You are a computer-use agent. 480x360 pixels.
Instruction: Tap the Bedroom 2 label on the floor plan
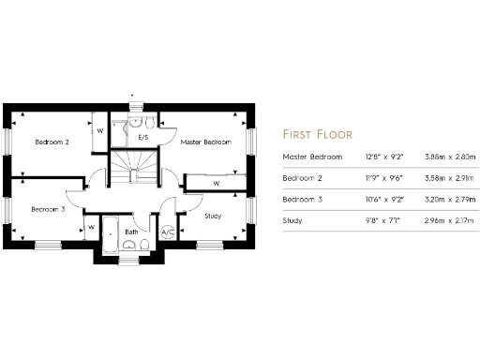pyautogui.click(x=52, y=142)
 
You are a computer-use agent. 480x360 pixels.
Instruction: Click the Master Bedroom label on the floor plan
pyautogui.click(x=205, y=142)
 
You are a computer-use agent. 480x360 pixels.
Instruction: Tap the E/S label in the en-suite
pyautogui.click(x=143, y=138)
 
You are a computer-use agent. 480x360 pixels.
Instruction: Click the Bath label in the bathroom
pyautogui.click(x=132, y=231)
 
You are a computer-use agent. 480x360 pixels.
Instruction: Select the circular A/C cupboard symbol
pyautogui.click(x=168, y=232)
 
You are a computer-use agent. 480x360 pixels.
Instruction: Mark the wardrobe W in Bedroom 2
pyautogui.click(x=99, y=131)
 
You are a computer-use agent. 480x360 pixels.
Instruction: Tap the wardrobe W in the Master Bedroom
pyautogui.click(x=217, y=183)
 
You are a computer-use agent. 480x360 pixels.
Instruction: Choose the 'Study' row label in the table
pyautogui.click(x=292, y=221)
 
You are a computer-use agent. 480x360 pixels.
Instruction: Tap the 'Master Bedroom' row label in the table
pyautogui.click(x=312, y=157)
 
